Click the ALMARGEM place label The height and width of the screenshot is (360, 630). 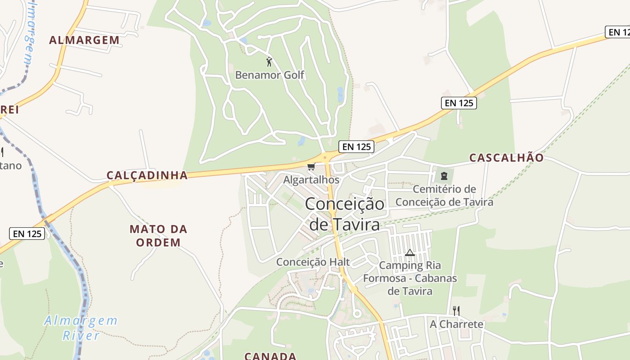tap(84, 40)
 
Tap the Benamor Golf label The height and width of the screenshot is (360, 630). tap(270, 75)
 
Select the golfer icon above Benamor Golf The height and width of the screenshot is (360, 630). tap(269, 62)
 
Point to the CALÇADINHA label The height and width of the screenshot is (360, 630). tap(147, 175)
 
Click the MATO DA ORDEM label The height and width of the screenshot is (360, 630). tap(158, 236)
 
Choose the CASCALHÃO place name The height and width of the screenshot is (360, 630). tap(506, 157)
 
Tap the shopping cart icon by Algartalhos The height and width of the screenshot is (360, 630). tap(311, 167)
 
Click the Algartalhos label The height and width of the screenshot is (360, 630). tap(311, 180)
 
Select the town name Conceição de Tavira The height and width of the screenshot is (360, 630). tap(345, 214)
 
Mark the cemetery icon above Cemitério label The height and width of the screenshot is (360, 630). tap(444, 176)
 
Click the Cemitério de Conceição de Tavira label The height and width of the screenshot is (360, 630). tap(444, 195)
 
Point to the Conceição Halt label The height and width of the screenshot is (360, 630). tap(313, 262)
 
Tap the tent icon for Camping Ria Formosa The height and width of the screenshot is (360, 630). tap(409, 253)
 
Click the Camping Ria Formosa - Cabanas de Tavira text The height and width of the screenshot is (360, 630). tap(410, 278)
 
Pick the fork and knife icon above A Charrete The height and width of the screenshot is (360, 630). tap(456, 310)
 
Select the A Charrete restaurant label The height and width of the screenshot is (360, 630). tap(456, 324)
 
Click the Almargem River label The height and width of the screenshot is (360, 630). tap(81, 328)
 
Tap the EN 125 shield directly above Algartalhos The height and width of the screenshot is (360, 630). tap(356, 146)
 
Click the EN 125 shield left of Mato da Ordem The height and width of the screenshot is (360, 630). tap(27, 234)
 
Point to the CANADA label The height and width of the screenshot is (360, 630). tap(270, 356)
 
